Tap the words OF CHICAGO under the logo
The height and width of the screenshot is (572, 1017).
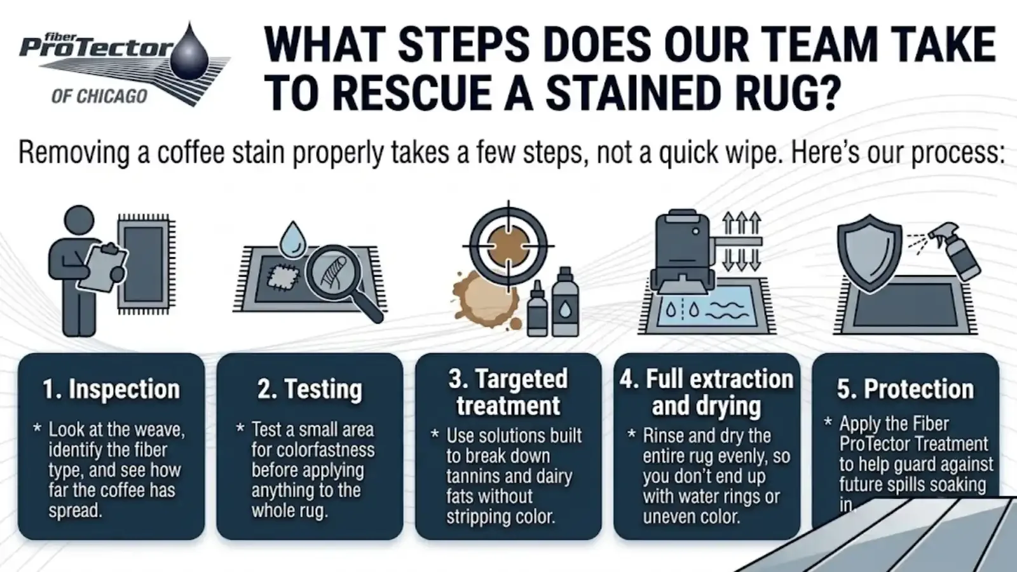click(99, 96)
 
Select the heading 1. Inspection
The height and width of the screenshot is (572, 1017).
click(111, 389)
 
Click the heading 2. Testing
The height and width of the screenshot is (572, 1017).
click(310, 389)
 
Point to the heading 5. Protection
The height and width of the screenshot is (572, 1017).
click(905, 389)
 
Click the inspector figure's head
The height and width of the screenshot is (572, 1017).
click(79, 220)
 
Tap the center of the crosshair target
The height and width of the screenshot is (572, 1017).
click(508, 247)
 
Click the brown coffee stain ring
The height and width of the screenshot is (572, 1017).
click(486, 299)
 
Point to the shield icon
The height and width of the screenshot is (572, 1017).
click(869, 254)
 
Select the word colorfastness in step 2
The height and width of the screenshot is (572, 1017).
click(313, 450)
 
